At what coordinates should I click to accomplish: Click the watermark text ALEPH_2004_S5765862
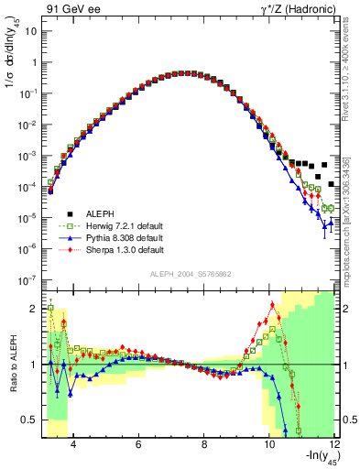(x=190, y=275)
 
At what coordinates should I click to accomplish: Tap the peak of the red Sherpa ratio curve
(x=272, y=305)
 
